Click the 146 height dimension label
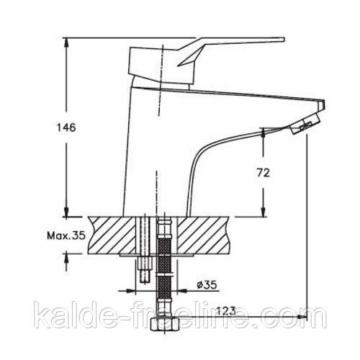pos(66,127)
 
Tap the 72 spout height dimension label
pos(264,173)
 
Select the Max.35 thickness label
pos(66,235)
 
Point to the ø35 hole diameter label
pos(207,285)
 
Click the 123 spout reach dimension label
pos(226,311)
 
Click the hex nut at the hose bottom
pos(165,324)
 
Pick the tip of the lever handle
pos(283,40)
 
